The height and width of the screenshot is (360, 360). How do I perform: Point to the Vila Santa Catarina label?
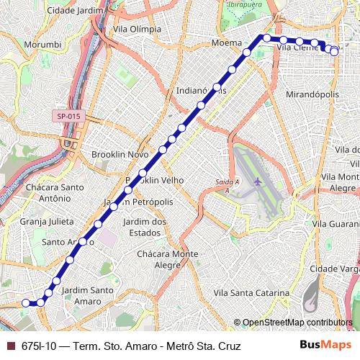coord(251,294)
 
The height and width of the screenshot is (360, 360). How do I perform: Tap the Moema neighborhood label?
coord(226,43)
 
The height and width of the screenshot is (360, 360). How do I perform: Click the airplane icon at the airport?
coord(258,180)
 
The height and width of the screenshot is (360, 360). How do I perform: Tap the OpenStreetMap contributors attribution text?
coord(297,323)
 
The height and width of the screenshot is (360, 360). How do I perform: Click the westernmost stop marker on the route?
coord(25,303)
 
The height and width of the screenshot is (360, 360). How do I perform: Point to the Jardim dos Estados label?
coord(145,227)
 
